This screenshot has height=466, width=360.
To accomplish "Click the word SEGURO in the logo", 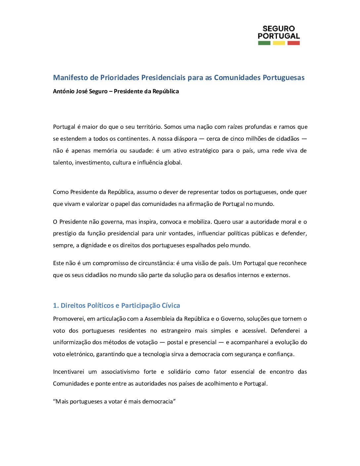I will click(x=279, y=29).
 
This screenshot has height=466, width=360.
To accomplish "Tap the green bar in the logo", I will click(x=264, y=43).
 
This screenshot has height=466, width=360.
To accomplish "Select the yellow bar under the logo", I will click(x=279, y=43).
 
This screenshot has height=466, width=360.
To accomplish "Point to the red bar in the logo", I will click(x=293, y=43).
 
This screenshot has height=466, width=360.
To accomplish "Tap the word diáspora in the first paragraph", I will click(x=184, y=139).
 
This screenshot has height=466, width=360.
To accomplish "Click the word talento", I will click(x=63, y=163).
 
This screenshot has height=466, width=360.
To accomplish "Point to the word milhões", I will click(x=257, y=139).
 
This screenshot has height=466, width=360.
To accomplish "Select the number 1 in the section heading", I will click(x=55, y=305).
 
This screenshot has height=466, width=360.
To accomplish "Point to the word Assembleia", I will click(x=159, y=319).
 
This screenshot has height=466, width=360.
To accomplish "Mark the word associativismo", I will click(x=120, y=372).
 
